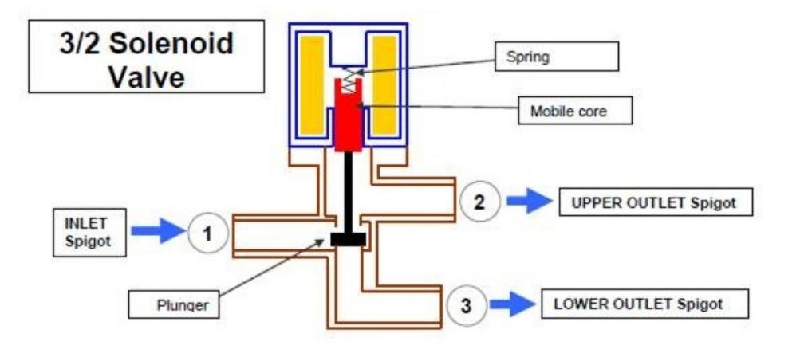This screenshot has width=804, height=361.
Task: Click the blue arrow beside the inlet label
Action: click(156, 232)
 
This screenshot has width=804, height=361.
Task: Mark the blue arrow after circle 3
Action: click(511, 304)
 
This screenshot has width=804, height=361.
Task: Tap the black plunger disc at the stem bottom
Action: click(348, 239)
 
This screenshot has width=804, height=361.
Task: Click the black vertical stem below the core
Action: click(349, 191)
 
